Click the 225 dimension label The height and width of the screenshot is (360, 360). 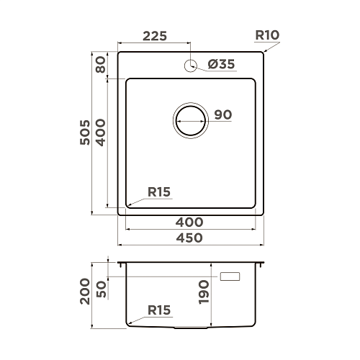click(x=155, y=36)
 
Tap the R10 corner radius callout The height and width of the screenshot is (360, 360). click(x=267, y=35)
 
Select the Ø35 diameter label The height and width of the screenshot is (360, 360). click(x=221, y=64)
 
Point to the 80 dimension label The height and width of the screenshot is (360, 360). click(x=101, y=64)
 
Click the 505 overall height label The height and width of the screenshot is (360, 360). click(x=85, y=132)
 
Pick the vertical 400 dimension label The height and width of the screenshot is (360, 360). click(x=101, y=132)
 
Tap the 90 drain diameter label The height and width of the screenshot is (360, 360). click(x=223, y=114)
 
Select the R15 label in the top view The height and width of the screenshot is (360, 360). click(x=159, y=192)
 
